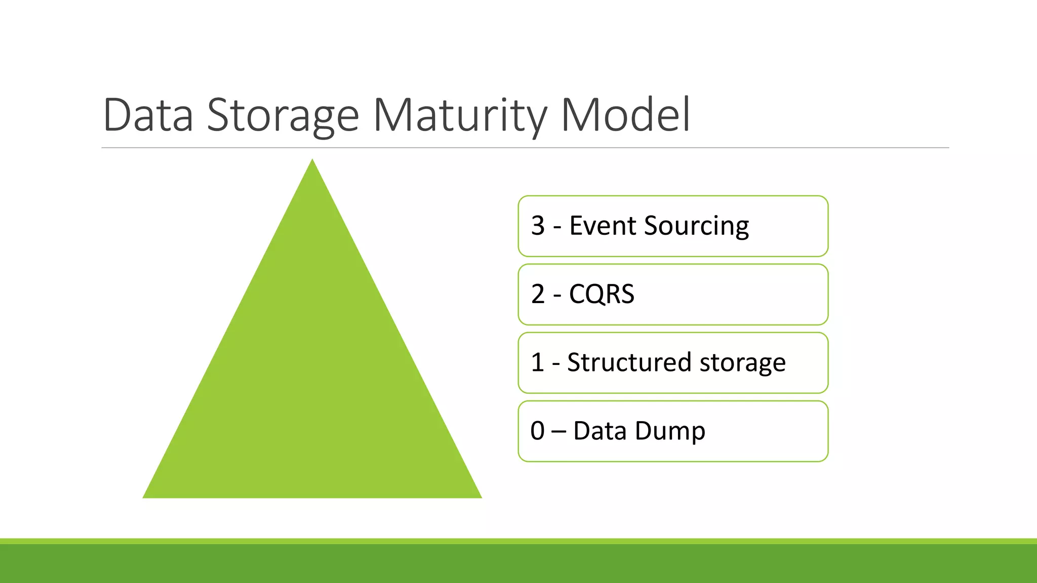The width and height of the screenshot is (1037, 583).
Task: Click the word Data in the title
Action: tap(148, 115)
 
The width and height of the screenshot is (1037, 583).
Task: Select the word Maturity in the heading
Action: tap(460, 115)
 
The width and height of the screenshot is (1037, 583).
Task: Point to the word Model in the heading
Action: tap(625, 115)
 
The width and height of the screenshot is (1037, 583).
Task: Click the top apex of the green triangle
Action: tap(312, 161)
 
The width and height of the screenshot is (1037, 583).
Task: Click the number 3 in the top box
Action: tap(538, 226)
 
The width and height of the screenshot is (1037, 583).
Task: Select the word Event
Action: tap(602, 226)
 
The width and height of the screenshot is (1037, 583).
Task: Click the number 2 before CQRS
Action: tap(538, 294)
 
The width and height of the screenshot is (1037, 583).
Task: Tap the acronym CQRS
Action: tap(602, 294)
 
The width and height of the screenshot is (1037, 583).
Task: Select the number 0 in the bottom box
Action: tap(538, 431)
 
